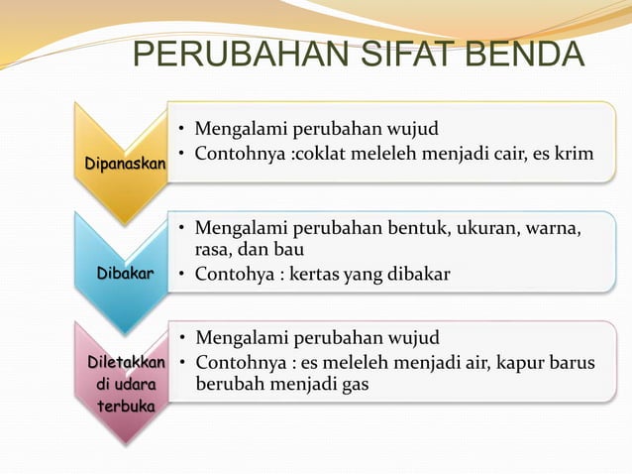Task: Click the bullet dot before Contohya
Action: coord(184,273)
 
